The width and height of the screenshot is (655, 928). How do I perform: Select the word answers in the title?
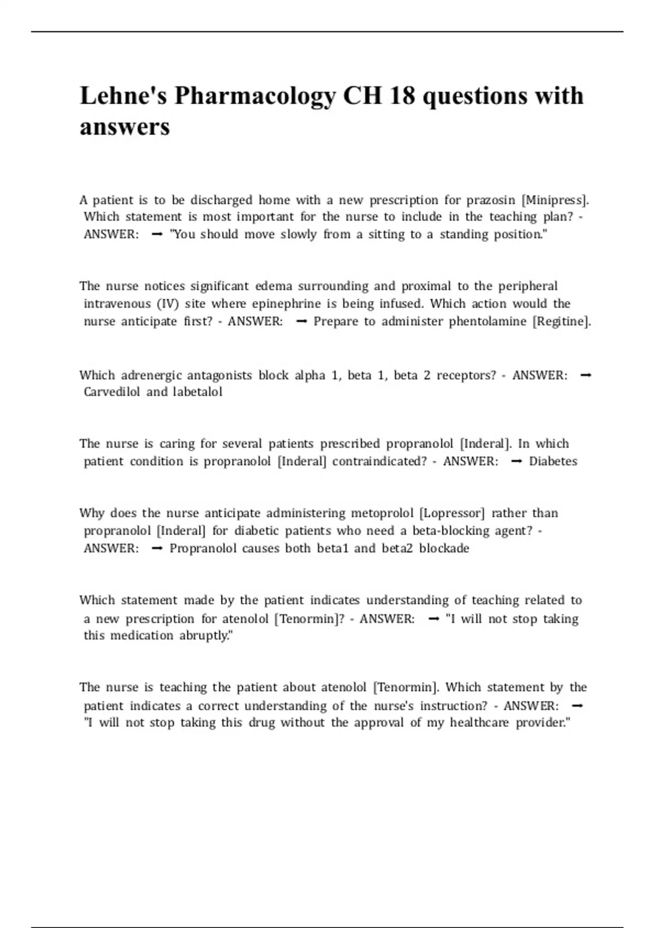point(125,127)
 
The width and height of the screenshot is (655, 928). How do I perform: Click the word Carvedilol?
point(112,392)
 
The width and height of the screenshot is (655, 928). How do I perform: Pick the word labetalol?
point(198,392)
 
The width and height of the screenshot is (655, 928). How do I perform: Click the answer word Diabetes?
point(553,461)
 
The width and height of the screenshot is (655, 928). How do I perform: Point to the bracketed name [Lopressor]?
point(452,513)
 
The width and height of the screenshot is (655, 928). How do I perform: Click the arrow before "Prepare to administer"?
point(301,322)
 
